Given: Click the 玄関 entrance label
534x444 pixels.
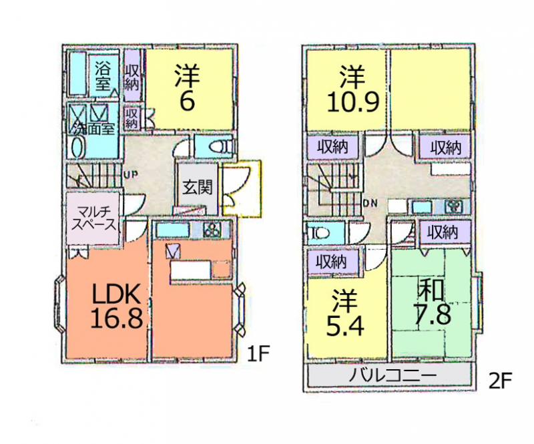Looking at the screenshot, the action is (x=197, y=188).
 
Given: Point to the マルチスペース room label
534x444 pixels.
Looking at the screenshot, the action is (x=93, y=219).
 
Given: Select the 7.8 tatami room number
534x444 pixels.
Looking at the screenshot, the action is (x=432, y=314).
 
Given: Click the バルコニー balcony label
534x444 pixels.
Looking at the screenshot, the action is (x=392, y=376).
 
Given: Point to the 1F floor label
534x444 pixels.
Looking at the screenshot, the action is (x=258, y=355).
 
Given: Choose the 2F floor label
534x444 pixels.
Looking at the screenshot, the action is (x=500, y=381).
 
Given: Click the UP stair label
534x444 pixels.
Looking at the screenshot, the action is (x=130, y=175).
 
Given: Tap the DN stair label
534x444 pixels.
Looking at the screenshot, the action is (x=370, y=204).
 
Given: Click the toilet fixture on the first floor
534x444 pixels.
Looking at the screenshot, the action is (x=220, y=146).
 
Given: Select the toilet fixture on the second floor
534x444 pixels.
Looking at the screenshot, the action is (x=319, y=234).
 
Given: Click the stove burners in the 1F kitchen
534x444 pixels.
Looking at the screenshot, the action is (x=213, y=230).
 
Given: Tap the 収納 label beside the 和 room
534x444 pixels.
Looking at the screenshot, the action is (x=443, y=232).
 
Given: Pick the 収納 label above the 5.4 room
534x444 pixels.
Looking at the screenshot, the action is (x=332, y=262).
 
